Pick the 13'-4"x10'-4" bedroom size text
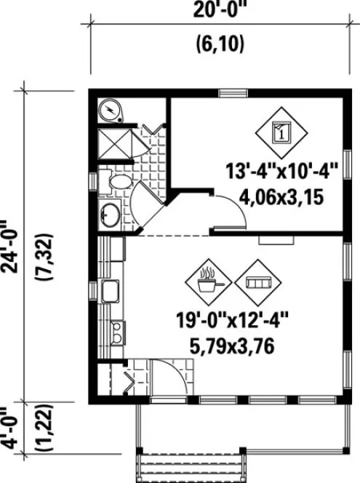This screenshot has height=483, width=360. click(281, 172)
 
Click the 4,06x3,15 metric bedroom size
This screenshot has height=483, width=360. click(281, 196)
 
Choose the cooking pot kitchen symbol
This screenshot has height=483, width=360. click(209, 279)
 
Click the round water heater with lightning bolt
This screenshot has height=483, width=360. click(111, 111)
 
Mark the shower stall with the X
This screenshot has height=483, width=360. click(114, 141)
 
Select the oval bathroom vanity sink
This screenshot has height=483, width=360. click(111, 215)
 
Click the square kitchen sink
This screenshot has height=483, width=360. click(112, 292)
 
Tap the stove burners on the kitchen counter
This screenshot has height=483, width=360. click(114, 333)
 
